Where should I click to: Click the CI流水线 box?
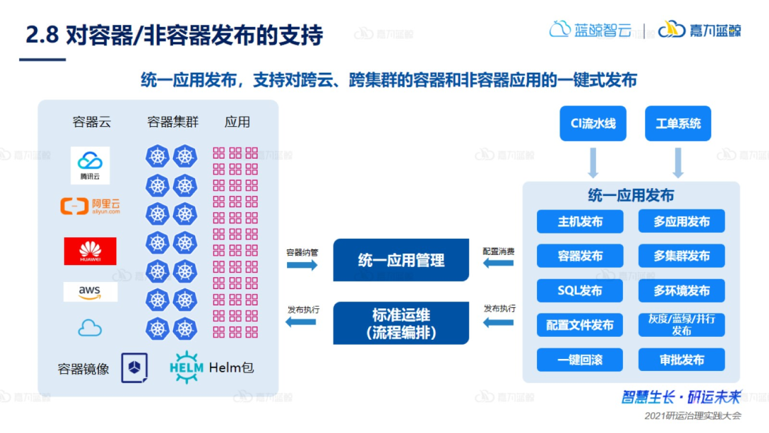click(x=593, y=123)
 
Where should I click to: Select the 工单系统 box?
click(x=678, y=123)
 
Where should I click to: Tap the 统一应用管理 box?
click(x=401, y=260)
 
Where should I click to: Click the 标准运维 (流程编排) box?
click(x=401, y=323)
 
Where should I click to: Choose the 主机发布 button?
click(x=580, y=221)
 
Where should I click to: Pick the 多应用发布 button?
click(x=681, y=221)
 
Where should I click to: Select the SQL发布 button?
click(x=580, y=291)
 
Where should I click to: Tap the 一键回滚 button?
click(x=580, y=360)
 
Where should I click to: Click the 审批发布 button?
click(x=681, y=360)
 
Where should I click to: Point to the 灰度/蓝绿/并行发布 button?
click(x=681, y=325)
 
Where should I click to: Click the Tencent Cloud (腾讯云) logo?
click(x=90, y=165)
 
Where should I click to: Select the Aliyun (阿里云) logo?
click(x=90, y=207)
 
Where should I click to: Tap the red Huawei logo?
click(x=90, y=251)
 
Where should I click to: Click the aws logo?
click(x=90, y=291)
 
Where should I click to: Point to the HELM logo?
click(x=187, y=367)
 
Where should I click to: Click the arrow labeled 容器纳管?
click(x=302, y=265)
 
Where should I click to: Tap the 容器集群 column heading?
click(x=172, y=122)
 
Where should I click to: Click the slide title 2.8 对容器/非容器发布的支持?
click(x=174, y=35)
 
